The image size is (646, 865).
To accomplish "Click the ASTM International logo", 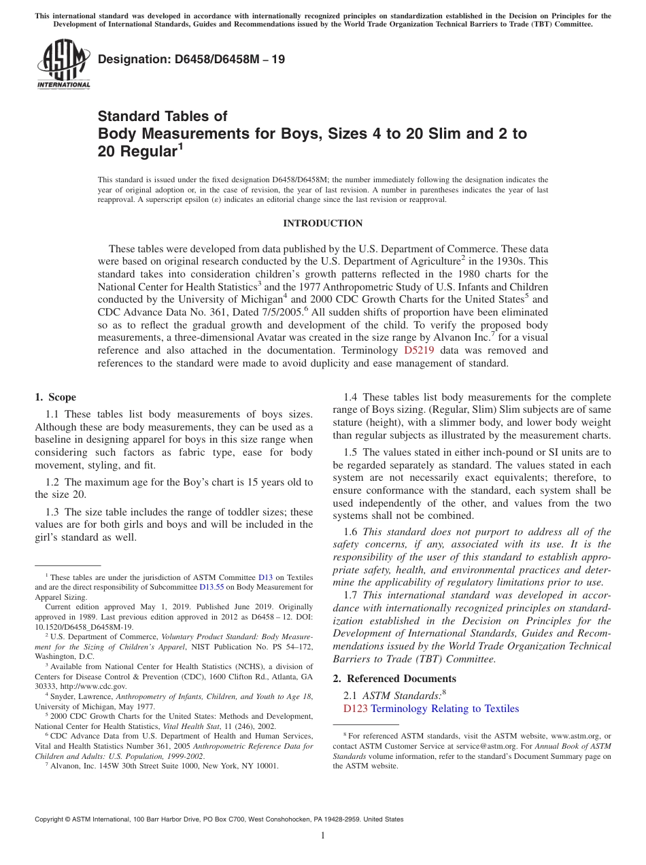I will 63,65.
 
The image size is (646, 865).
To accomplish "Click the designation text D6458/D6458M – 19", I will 192,60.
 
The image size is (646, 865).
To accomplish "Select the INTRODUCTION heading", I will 322,223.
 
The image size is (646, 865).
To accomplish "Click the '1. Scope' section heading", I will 55,397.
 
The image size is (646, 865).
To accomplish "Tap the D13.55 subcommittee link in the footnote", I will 211,587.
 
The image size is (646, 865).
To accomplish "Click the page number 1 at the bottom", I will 323,835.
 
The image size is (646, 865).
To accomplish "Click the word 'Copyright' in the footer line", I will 50,819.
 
